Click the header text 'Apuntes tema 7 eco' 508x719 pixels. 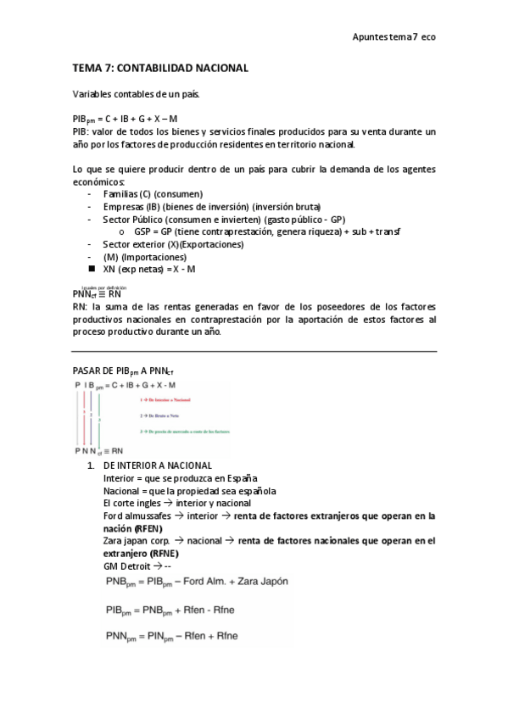coord(394,37)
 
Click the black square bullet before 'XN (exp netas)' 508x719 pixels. coord(91,269)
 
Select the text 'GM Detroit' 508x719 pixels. coord(126,565)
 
